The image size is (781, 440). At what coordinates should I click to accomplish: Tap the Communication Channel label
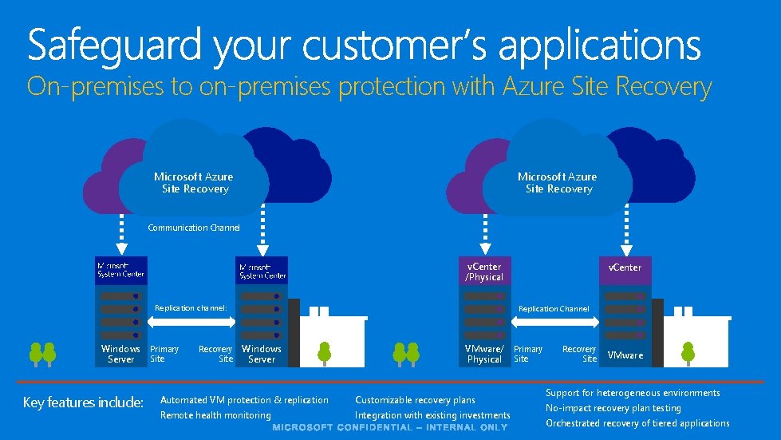[194, 228]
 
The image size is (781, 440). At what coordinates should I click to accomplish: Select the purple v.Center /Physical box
[484, 272]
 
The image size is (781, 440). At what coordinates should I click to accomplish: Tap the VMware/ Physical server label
[484, 354]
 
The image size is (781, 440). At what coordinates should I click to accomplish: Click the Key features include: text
[83, 402]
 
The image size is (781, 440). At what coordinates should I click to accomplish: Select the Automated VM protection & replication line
[244, 400]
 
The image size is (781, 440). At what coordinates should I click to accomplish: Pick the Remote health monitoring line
[215, 415]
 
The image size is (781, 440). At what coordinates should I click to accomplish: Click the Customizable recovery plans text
[415, 400]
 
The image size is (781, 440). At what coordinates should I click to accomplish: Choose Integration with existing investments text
[432, 415]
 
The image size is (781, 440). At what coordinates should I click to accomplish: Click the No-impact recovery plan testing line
[613, 408]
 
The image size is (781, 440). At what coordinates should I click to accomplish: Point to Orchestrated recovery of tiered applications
[637, 423]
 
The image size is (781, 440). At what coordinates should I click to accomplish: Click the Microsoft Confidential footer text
[390, 428]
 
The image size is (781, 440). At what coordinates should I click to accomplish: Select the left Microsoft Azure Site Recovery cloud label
[194, 183]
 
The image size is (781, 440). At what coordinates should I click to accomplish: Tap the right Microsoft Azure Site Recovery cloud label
[558, 183]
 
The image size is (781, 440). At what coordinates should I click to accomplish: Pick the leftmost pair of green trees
[41, 352]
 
